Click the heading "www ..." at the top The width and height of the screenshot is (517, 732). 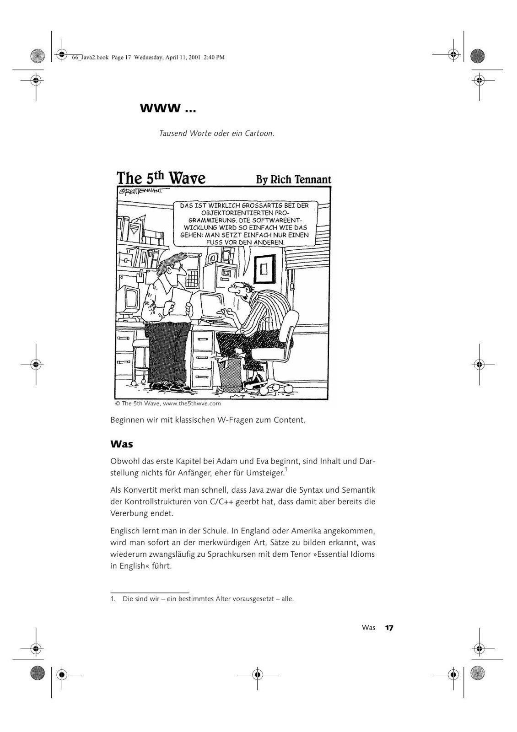168,108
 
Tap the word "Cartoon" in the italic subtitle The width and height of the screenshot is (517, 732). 259,134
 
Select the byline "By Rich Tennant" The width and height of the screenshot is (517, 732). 293,179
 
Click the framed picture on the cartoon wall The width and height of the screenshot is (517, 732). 264,270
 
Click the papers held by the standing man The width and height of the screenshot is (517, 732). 180,301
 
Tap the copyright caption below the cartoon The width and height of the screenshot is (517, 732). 168,404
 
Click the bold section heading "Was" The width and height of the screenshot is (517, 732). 122,444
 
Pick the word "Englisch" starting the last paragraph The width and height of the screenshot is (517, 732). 124,531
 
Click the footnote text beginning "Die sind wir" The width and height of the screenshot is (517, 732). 208,598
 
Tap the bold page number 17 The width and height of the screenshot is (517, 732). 389,628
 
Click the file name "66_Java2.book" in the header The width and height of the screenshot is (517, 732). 90,58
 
